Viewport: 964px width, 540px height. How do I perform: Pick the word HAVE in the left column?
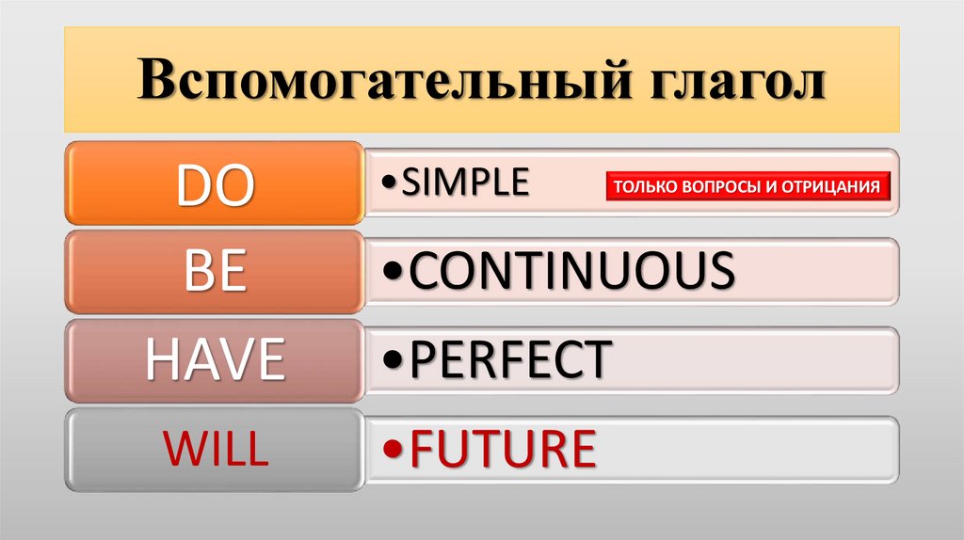pyautogui.click(x=215, y=360)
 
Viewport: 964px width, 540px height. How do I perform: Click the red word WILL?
pyautogui.click(x=216, y=448)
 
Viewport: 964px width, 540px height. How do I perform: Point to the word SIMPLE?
pyautogui.click(x=466, y=183)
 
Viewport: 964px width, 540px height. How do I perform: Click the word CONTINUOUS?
pyautogui.click(x=572, y=271)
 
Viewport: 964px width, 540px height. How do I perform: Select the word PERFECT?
pyautogui.click(x=511, y=360)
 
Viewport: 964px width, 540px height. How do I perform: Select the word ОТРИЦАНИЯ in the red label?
pyautogui.click(x=832, y=186)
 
